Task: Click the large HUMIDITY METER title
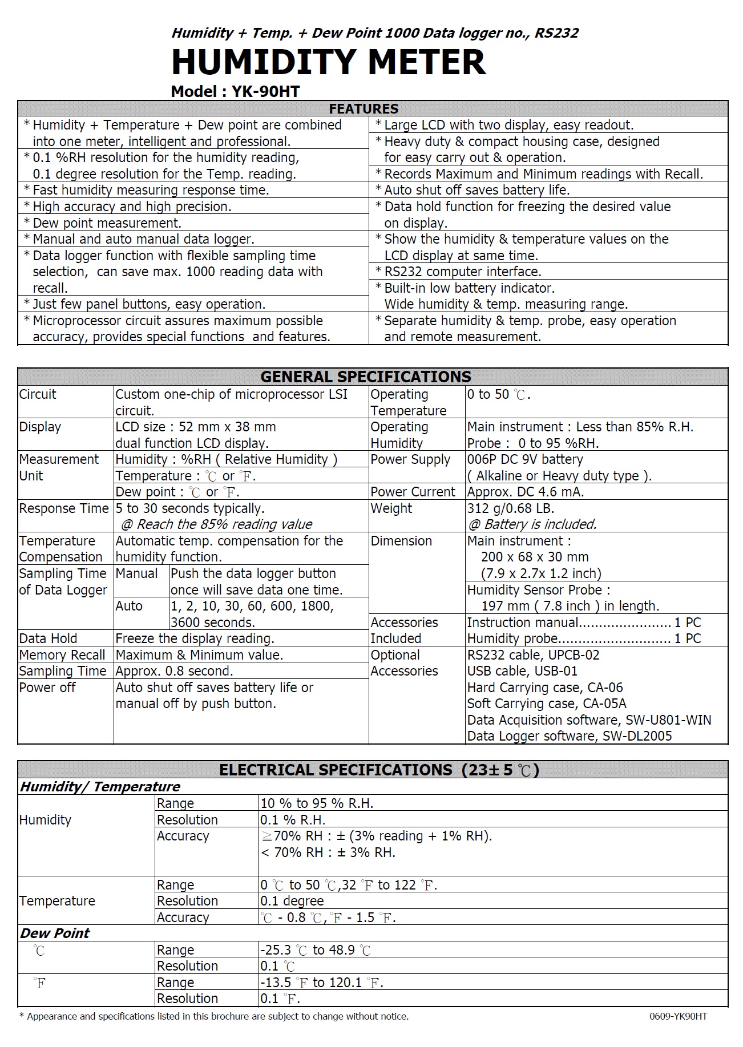click(328, 62)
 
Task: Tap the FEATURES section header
click(364, 108)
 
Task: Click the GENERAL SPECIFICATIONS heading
click(366, 377)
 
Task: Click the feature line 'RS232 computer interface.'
click(462, 272)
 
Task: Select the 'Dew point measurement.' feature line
click(107, 223)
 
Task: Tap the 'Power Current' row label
click(413, 492)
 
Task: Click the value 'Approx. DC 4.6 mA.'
click(525, 492)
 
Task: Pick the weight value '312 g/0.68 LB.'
click(511, 508)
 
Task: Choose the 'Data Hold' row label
click(48, 638)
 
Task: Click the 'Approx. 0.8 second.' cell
click(174, 671)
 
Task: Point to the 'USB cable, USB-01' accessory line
click(522, 671)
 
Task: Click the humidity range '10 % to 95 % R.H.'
click(317, 803)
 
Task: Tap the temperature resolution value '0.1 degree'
click(292, 901)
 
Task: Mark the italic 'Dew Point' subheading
click(55, 933)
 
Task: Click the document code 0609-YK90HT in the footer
click(678, 1016)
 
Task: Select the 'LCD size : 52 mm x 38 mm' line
click(196, 427)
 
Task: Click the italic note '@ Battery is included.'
click(532, 524)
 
